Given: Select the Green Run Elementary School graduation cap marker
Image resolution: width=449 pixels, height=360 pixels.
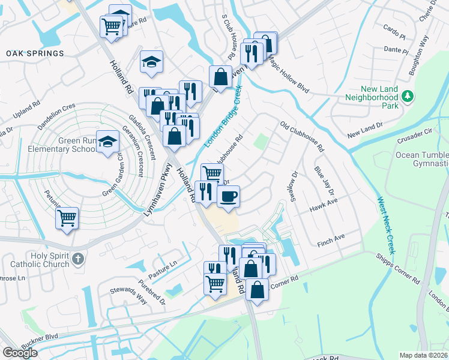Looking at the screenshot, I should coord(108,142).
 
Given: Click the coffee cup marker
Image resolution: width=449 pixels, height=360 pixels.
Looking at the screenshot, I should coord(228,196).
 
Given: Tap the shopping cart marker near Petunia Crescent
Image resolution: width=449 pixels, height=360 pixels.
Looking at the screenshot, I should coord(67,217).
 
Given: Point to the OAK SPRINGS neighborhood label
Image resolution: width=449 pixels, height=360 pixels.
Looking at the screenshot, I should coord(35,53).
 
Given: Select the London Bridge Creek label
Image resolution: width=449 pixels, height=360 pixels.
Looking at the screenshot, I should coord(223,117).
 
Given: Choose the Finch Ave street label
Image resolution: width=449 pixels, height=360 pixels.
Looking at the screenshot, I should coord(331,238).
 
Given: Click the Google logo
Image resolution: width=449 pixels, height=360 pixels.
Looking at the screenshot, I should coord(20,353).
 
